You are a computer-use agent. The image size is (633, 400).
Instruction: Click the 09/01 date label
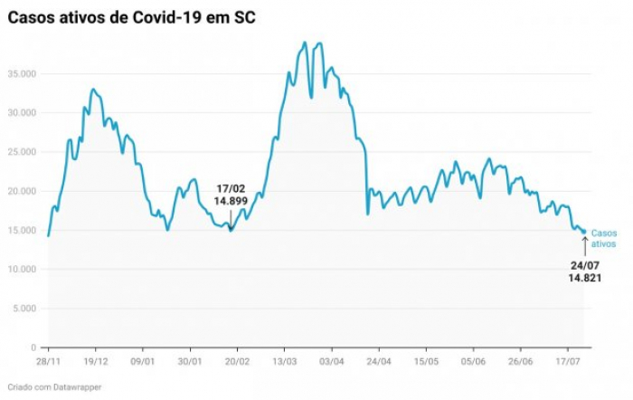point(143,359)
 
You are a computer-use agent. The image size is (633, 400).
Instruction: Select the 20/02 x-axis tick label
point(237,359)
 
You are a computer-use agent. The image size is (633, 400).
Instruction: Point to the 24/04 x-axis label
point(379,359)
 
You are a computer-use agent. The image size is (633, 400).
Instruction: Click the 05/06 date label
point(473,359)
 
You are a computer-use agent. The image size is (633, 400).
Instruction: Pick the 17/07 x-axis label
point(567,359)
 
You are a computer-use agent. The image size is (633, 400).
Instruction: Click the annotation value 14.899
point(231,201)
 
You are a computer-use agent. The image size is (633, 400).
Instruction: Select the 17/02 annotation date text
point(231,188)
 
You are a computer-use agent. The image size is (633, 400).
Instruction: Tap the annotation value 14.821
point(584,279)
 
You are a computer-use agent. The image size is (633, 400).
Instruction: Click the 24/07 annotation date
point(584,265)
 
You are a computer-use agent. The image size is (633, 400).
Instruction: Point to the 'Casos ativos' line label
point(603,238)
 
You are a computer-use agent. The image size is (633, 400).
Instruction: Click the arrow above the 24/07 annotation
point(584,244)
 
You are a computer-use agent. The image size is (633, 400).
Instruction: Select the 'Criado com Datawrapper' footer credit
point(54,387)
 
